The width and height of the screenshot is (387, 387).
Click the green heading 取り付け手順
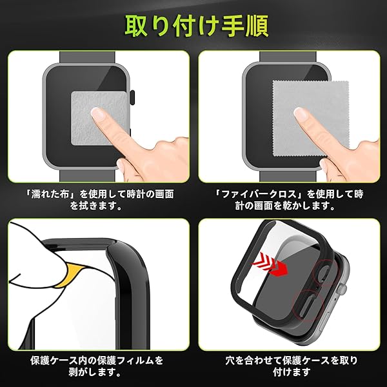point(197,26)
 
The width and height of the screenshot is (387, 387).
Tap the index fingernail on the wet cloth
point(98,114)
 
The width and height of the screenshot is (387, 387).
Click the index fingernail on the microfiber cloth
point(301,114)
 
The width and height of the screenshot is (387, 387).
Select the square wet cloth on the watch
point(99,118)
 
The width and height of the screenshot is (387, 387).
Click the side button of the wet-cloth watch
point(132,98)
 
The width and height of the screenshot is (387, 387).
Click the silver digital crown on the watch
point(342,288)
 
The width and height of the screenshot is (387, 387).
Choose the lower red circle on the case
point(308,306)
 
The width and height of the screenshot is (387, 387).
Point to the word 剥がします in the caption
point(95,372)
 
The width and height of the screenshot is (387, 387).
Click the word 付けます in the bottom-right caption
point(292,372)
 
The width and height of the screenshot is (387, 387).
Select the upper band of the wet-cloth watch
point(87,58)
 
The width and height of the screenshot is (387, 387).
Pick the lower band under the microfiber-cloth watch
point(288,176)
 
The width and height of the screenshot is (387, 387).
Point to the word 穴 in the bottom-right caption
point(230,361)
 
